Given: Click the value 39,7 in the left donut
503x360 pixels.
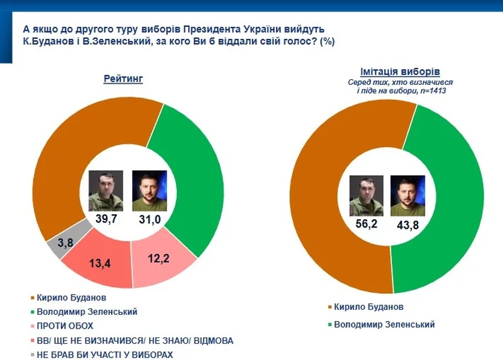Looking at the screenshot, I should tap(106, 219).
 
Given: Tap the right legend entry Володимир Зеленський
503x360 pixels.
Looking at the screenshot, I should tap(384, 324).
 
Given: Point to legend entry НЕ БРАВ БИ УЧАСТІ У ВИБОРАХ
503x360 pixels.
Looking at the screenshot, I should tap(105, 354).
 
